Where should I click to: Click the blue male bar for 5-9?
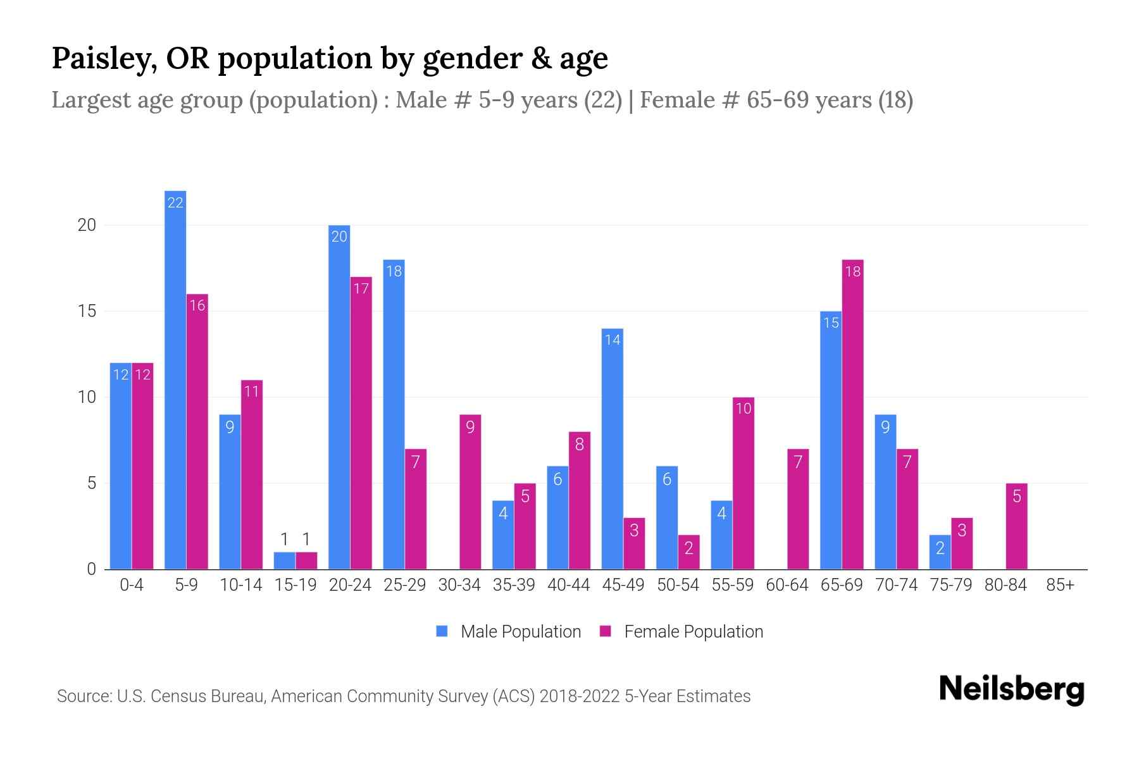pos(175,379)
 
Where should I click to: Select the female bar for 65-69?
pos(852,414)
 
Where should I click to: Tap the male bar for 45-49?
pos(612,449)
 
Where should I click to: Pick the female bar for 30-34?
pos(470,492)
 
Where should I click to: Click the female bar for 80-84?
pos(1016,526)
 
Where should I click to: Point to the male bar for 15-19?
pos(285,561)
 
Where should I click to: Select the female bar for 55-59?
pos(743,483)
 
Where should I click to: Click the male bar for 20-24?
pos(339,397)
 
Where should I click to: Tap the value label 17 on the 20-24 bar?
pos(361,289)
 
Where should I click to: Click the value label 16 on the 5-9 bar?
pos(197,306)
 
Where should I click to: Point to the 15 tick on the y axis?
pos(87,311)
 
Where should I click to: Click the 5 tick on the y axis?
pos(90,483)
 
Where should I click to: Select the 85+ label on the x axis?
pos(1060,585)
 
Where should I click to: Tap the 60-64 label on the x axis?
pos(787,585)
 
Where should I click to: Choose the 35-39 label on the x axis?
pos(514,585)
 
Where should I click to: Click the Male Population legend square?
pos(442,631)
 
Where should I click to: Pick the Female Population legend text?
pos(694,631)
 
